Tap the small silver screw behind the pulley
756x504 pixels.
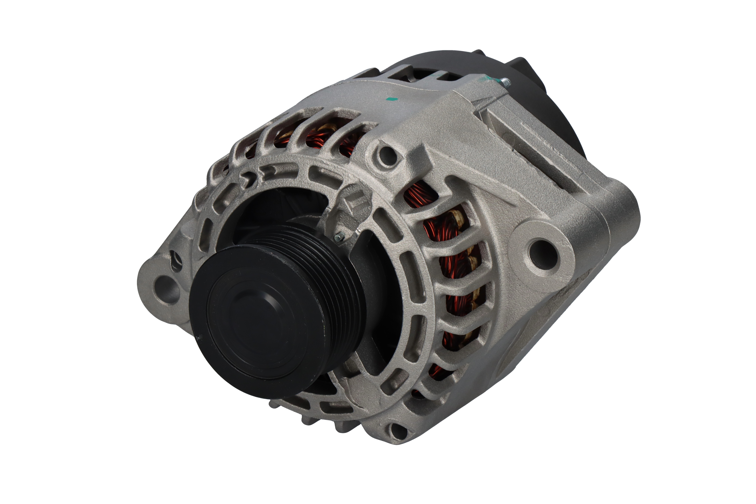pyautogui.click(x=339, y=237)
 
